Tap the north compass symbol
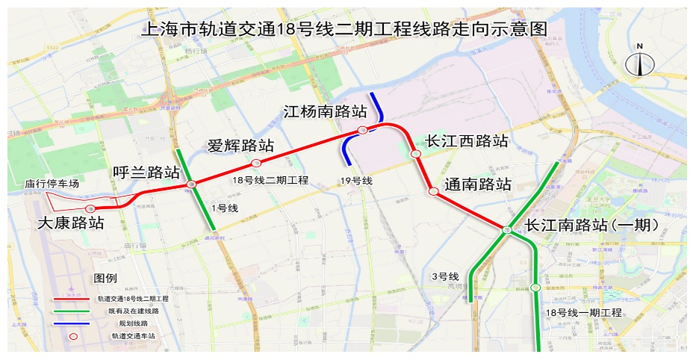[640, 62]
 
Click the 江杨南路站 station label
[325, 113]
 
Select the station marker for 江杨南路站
[362, 131]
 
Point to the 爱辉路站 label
[240, 146]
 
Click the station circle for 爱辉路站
[256, 163]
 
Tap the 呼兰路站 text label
[146, 173]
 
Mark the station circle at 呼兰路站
[192, 184]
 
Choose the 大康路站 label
[71, 223]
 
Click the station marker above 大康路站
[90, 208]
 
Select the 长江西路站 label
[467, 141]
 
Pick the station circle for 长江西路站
[416, 154]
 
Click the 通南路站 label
[478, 184]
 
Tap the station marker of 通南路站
[433, 192]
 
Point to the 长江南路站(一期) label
[592, 225]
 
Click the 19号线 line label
[355, 181]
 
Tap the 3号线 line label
[444, 277]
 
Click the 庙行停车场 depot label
[52, 184]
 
